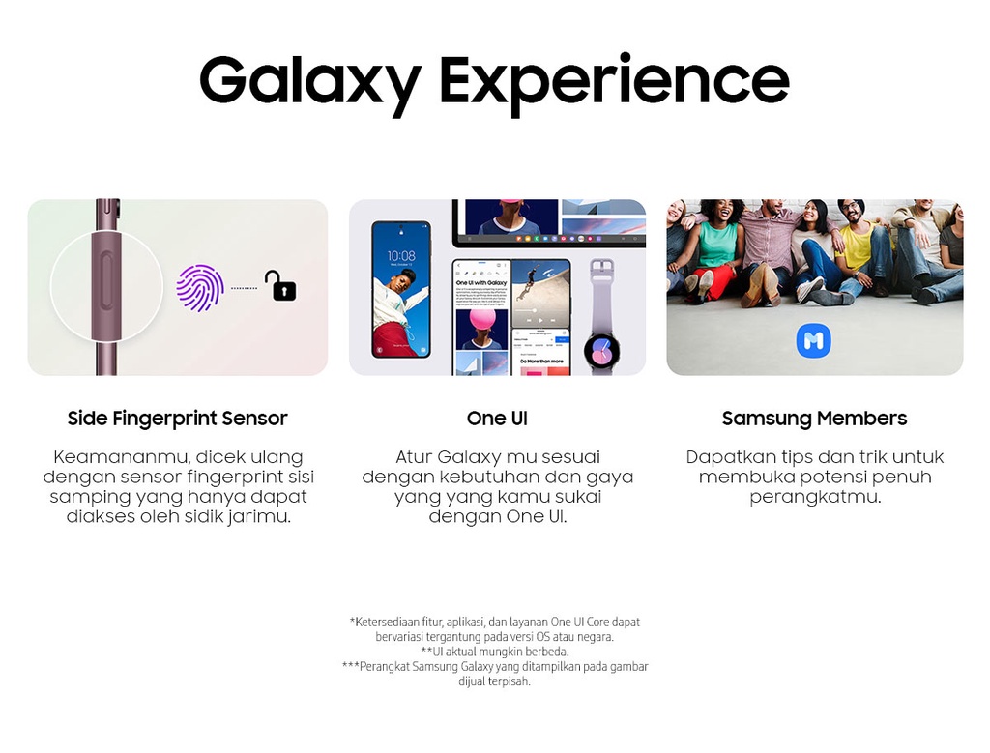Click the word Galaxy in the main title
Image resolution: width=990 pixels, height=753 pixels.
pyautogui.click(x=310, y=83)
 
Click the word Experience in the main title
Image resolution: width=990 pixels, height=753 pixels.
pyautogui.click(x=614, y=83)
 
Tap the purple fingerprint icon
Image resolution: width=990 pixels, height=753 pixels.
pyautogui.click(x=200, y=288)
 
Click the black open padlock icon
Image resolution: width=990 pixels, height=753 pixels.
pyautogui.click(x=280, y=285)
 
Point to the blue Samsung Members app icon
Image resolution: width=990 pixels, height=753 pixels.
pyautogui.click(x=814, y=341)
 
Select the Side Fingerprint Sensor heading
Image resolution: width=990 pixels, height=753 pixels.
pyautogui.click(x=178, y=419)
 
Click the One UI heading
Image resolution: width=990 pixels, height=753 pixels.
pyautogui.click(x=497, y=419)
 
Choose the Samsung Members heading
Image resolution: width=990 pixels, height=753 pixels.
pyautogui.click(x=814, y=419)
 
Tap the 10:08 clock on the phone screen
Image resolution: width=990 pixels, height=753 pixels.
pyautogui.click(x=401, y=255)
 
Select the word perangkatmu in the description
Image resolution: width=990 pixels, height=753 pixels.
pyautogui.click(x=814, y=497)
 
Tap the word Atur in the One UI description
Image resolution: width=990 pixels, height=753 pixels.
pyautogui.click(x=413, y=457)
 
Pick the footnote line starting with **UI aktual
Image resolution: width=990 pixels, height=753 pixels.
pyautogui.click(x=495, y=652)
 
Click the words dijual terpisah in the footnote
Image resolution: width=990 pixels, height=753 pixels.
pyautogui.click(x=494, y=681)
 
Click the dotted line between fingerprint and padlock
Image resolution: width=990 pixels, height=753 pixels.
pyautogui.click(x=245, y=288)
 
